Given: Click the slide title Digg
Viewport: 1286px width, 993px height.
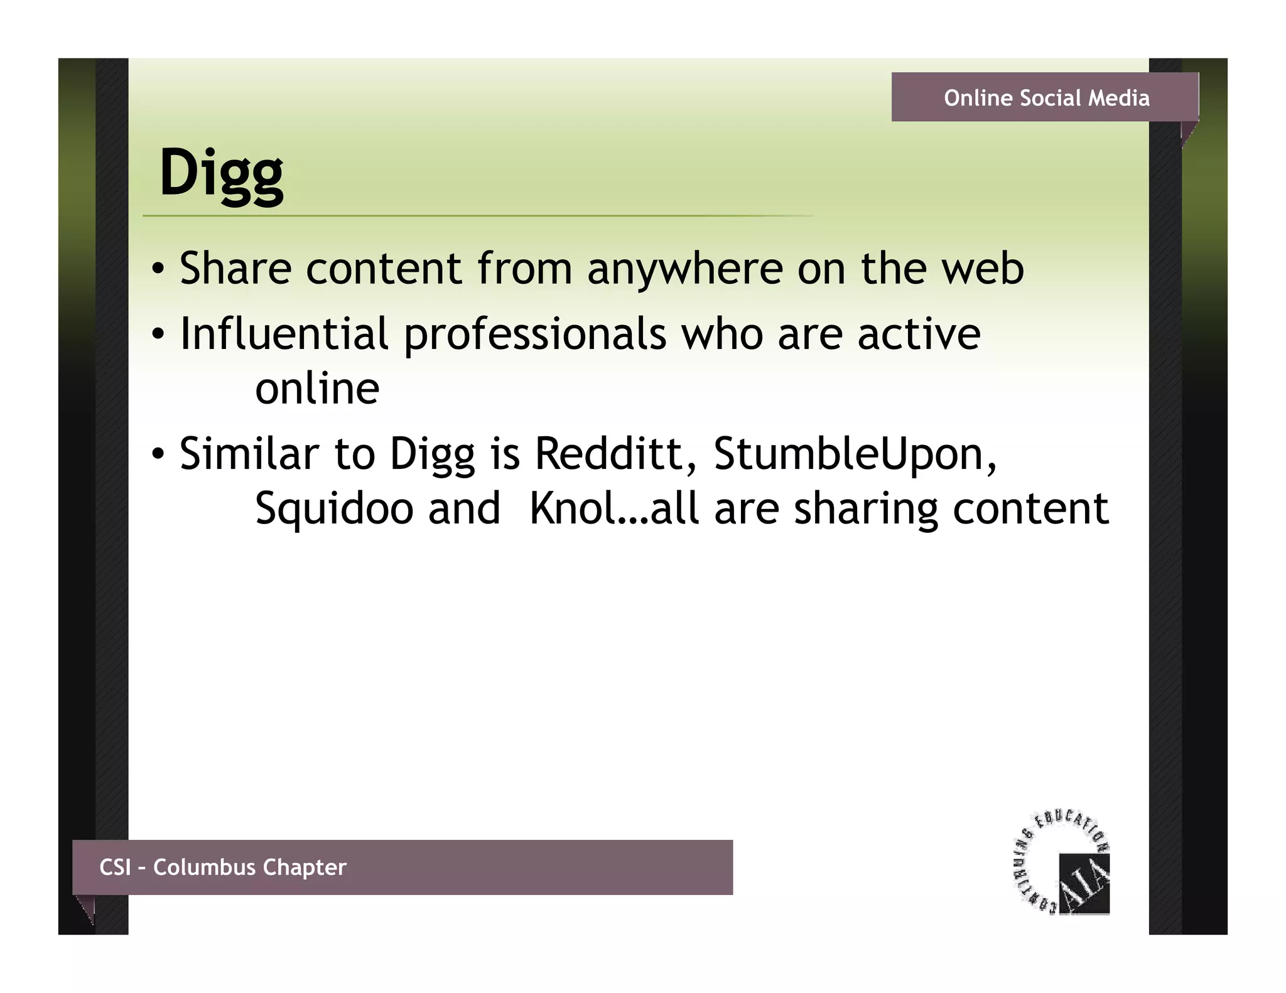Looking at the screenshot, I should (221, 173).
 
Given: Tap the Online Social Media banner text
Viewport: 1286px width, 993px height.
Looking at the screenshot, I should (1047, 98).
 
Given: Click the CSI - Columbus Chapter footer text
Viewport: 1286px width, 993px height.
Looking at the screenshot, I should (223, 867).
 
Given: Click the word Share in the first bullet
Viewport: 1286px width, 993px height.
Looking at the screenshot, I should (235, 269).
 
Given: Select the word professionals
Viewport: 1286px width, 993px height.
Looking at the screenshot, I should (534, 335).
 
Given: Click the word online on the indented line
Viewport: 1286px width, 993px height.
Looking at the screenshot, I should (317, 389).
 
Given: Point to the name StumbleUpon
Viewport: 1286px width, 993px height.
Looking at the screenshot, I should (854, 454).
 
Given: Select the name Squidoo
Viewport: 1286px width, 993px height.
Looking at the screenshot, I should (334, 508).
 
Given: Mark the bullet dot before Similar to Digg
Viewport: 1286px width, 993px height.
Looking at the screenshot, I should (159, 453).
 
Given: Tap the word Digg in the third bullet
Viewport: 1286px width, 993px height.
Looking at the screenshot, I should (432, 454).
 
